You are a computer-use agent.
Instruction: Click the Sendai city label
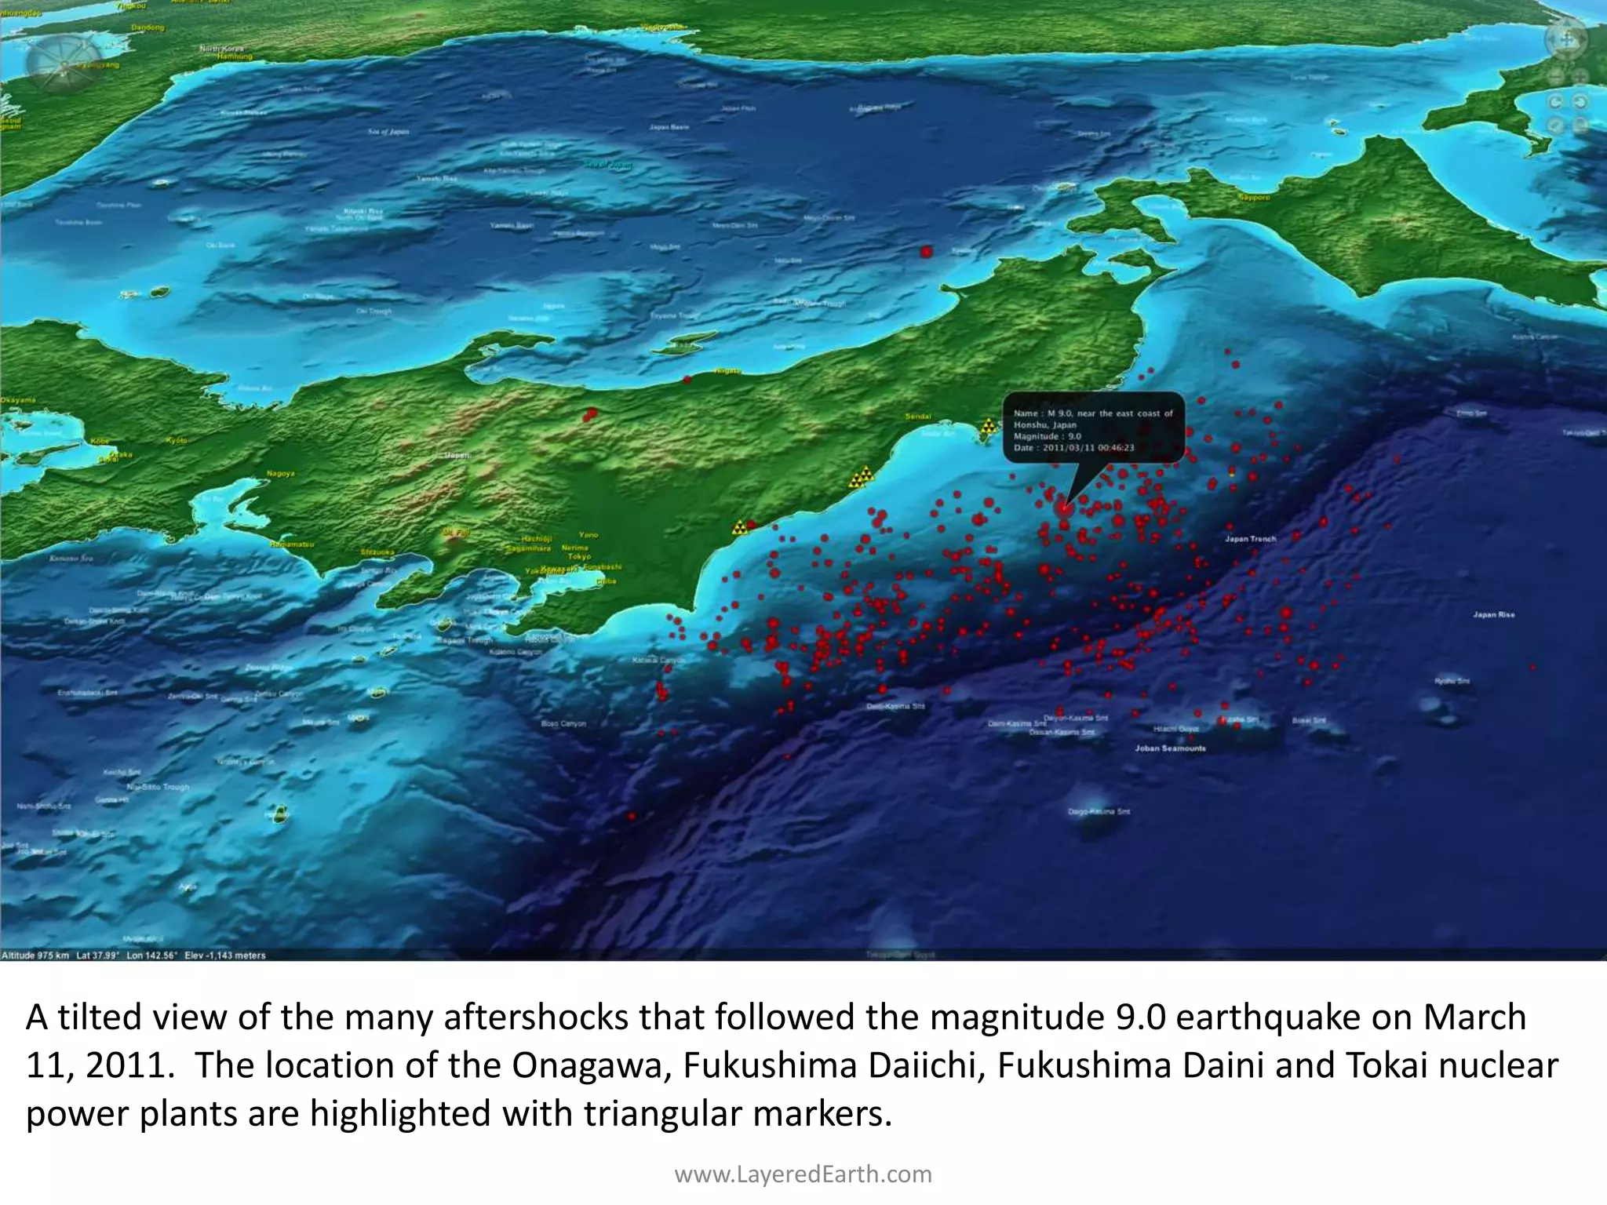pos(918,417)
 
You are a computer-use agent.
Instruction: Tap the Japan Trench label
pos(1251,539)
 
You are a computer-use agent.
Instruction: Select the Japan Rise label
pos(1494,615)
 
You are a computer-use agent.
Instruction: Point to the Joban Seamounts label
pos(1170,748)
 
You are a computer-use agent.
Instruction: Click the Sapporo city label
pos(1254,198)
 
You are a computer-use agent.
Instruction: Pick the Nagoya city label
pos(280,474)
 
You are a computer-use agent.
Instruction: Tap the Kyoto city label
pos(177,441)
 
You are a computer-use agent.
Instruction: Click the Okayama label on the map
pos(17,400)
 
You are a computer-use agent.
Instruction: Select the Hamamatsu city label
pos(291,544)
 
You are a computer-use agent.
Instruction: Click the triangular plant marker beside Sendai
pos(989,426)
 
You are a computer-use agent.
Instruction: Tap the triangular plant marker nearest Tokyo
pos(739,527)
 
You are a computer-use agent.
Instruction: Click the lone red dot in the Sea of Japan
pos(926,252)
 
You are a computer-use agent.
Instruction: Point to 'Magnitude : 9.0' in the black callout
pos(1047,436)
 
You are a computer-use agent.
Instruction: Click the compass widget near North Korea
pos(53,60)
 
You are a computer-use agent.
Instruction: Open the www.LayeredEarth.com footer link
pos(803,1174)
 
